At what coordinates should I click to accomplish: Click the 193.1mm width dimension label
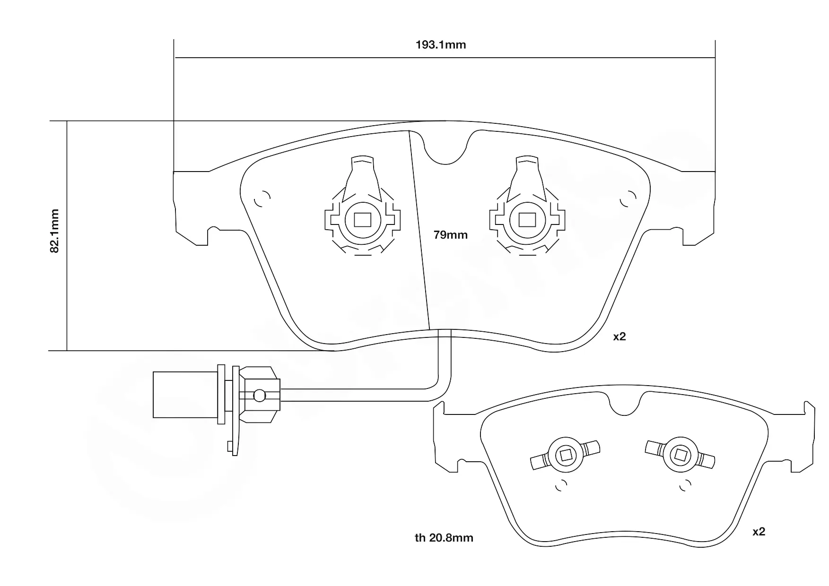(441, 45)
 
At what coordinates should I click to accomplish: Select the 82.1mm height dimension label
(55, 231)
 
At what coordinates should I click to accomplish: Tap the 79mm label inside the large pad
(450, 235)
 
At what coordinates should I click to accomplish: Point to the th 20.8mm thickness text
(444, 538)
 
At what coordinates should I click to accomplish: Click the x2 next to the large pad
(620, 336)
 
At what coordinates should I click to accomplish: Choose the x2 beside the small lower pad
(759, 532)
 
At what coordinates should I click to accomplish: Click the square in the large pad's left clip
(362, 220)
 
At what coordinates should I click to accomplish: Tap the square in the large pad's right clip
(527, 220)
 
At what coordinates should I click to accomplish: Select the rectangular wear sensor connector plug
(185, 395)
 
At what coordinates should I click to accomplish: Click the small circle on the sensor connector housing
(259, 395)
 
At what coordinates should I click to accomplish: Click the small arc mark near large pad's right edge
(628, 199)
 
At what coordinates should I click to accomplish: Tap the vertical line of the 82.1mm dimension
(67, 236)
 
